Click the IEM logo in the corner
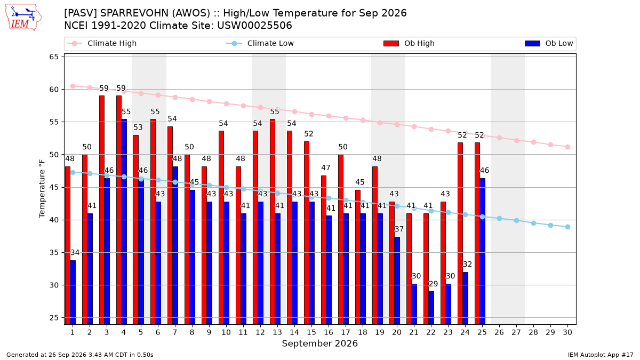(23, 18)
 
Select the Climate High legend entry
(102, 43)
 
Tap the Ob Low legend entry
(549, 43)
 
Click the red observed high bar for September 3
(102, 210)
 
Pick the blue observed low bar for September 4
(124, 222)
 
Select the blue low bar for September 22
(431, 308)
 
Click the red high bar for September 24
(460, 234)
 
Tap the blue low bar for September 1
(73, 292)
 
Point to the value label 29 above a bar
(433, 284)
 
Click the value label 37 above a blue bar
(399, 229)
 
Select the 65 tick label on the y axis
(54, 57)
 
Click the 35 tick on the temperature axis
(54, 253)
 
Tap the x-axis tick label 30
(567, 332)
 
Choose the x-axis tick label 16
(329, 332)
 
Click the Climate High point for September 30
(567, 147)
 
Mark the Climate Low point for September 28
(533, 223)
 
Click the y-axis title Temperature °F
(42, 189)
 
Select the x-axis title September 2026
(319, 343)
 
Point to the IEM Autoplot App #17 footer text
(601, 355)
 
